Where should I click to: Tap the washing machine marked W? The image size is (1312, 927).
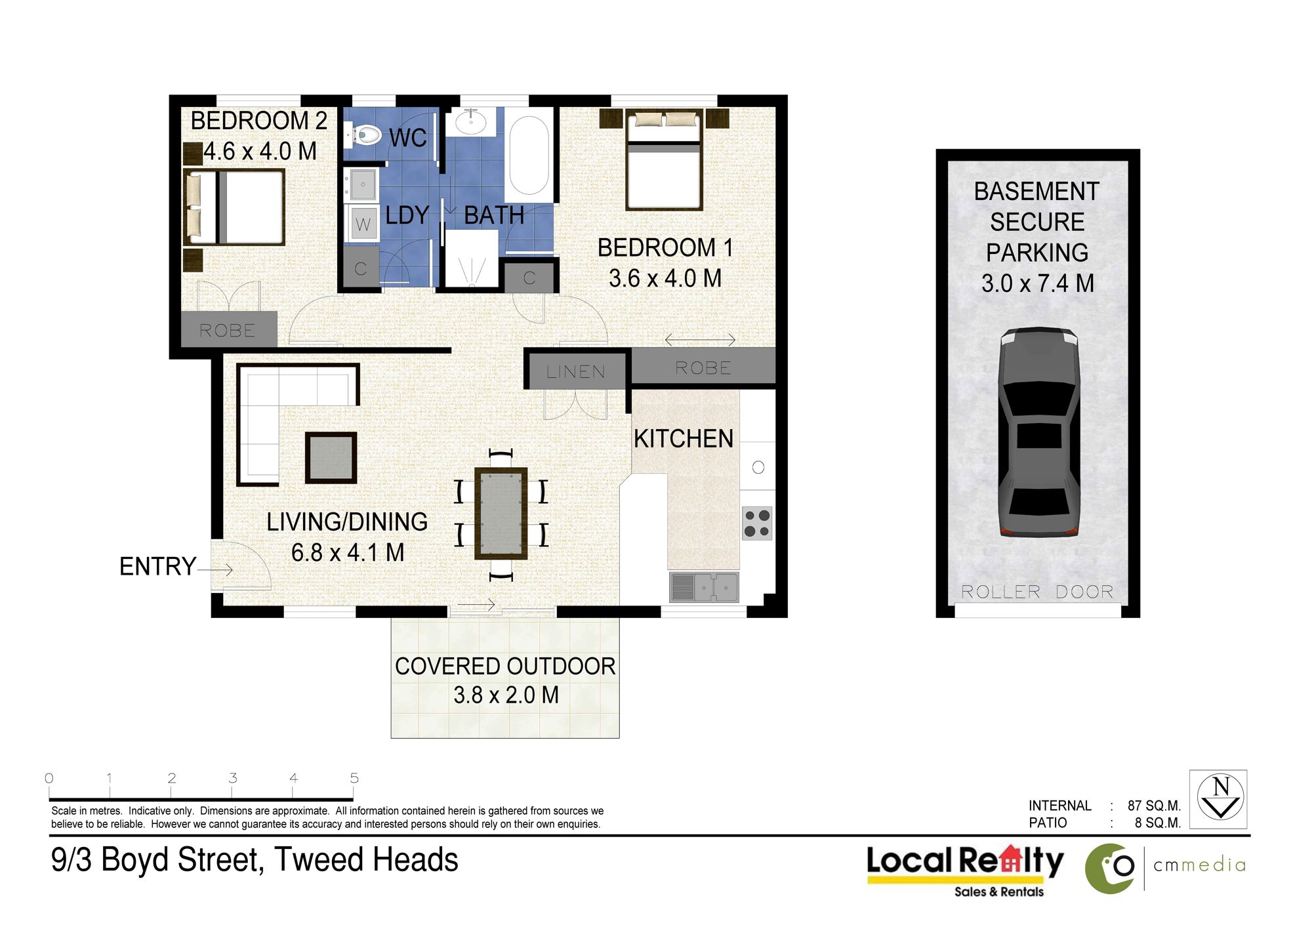[x=363, y=224]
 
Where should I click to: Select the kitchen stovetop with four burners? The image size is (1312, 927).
[x=757, y=523]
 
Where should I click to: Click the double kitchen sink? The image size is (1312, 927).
[x=704, y=587]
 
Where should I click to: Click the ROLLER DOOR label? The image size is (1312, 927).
[x=1037, y=592]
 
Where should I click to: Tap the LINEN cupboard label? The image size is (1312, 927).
[x=576, y=372]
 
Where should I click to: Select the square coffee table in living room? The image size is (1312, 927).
[x=331, y=458]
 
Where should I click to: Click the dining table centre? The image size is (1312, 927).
[x=501, y=513]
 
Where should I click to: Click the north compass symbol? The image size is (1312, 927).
[x=1219, y=799]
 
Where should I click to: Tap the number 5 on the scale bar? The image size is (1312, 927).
[x=354, y=778]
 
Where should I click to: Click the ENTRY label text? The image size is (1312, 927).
[x=157, y=566]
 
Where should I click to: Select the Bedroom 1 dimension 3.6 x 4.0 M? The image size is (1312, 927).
[x=665, y=278]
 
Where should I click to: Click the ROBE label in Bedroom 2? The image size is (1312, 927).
[x=227, y=330]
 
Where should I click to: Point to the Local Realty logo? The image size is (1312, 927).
[x=965, y=869]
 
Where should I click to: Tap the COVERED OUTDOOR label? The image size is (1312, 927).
[x=505, y=667]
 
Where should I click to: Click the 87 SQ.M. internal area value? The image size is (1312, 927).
[x=1155, y=806]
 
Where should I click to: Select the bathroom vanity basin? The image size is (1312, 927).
[x=471, y=122]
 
